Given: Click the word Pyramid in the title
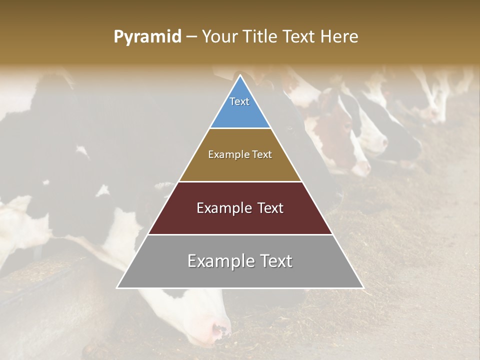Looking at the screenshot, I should pos(147,37).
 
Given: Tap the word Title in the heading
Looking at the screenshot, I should pos(263,37).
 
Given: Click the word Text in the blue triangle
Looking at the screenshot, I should pos(239,101).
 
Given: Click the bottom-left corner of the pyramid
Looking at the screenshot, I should pos(117,287).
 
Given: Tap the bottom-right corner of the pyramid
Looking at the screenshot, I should pos(363,287).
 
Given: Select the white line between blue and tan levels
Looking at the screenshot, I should pos(240,128).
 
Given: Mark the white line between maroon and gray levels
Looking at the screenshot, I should pos(240,234).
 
